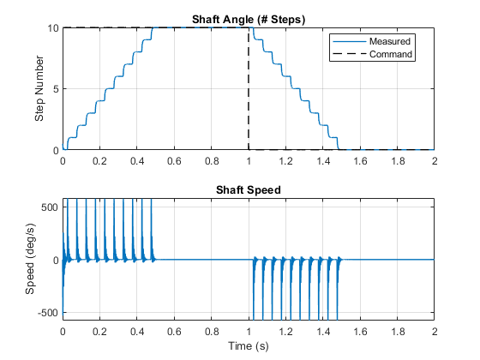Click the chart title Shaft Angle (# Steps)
coord(249,20)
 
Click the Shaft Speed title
coord(249,189)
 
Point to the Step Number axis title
coord(39,88)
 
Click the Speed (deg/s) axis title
coord(30,259)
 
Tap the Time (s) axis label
coord(249,346)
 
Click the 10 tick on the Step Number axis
coord(52,28)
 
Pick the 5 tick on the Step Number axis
coord(56,89)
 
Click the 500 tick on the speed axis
coord(50,207)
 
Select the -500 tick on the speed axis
coord(48,313)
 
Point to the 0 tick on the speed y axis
coord(56,261)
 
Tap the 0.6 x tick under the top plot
coord(174,161)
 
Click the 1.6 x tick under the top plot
coord(360,161)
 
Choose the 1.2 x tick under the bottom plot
coord(285,332)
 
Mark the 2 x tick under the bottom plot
coord(435,332)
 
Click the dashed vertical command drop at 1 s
coord(249,89)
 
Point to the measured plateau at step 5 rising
coord(110,89)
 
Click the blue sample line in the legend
coord(350,41)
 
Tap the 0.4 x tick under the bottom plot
coord(137,332)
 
